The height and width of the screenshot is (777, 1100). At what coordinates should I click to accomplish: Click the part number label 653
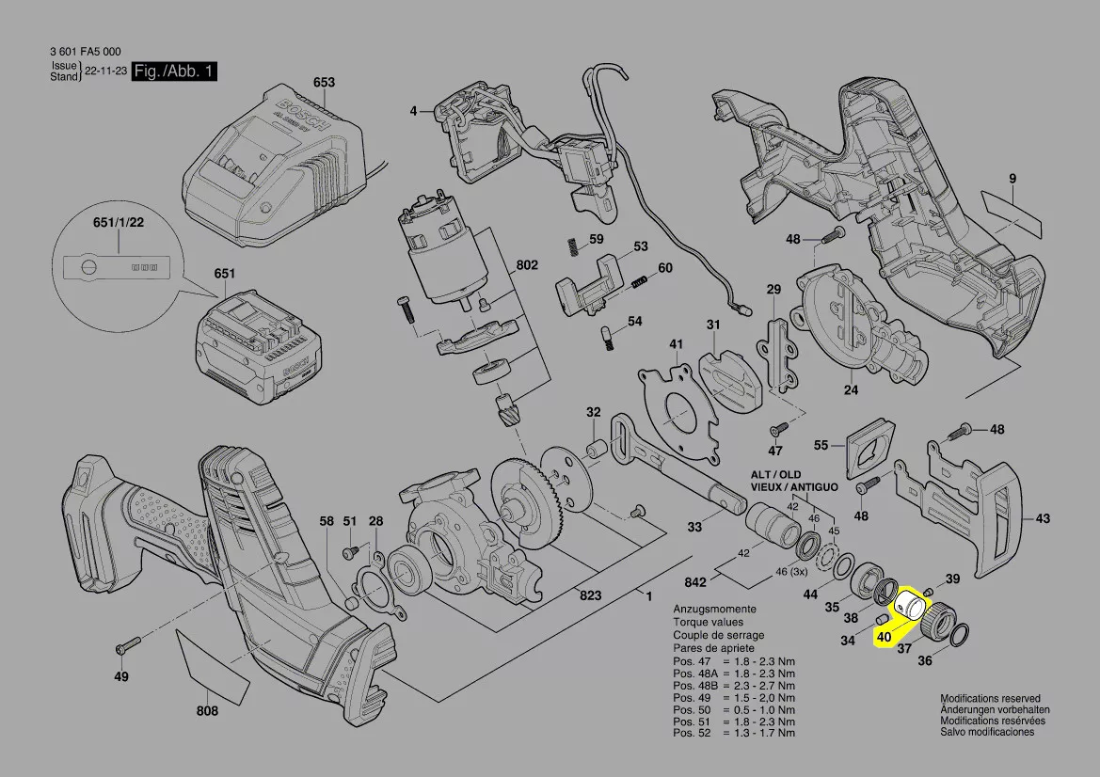point(323,83)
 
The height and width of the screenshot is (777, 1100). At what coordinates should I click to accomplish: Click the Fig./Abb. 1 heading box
point(177,71)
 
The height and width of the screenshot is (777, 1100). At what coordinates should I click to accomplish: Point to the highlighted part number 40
point(883,636)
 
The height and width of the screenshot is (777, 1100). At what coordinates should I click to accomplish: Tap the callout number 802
point(526,266)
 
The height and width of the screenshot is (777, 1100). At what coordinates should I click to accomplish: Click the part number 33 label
point(693,528)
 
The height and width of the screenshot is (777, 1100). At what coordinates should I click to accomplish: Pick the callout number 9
point(1012,179)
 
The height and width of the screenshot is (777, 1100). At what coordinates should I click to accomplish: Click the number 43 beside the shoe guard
point(1042,518)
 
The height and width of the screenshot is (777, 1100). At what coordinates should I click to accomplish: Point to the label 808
point(207,711)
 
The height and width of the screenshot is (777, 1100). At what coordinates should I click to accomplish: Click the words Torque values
point(708,623)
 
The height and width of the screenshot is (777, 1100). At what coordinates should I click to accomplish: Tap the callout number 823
point(590,596)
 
